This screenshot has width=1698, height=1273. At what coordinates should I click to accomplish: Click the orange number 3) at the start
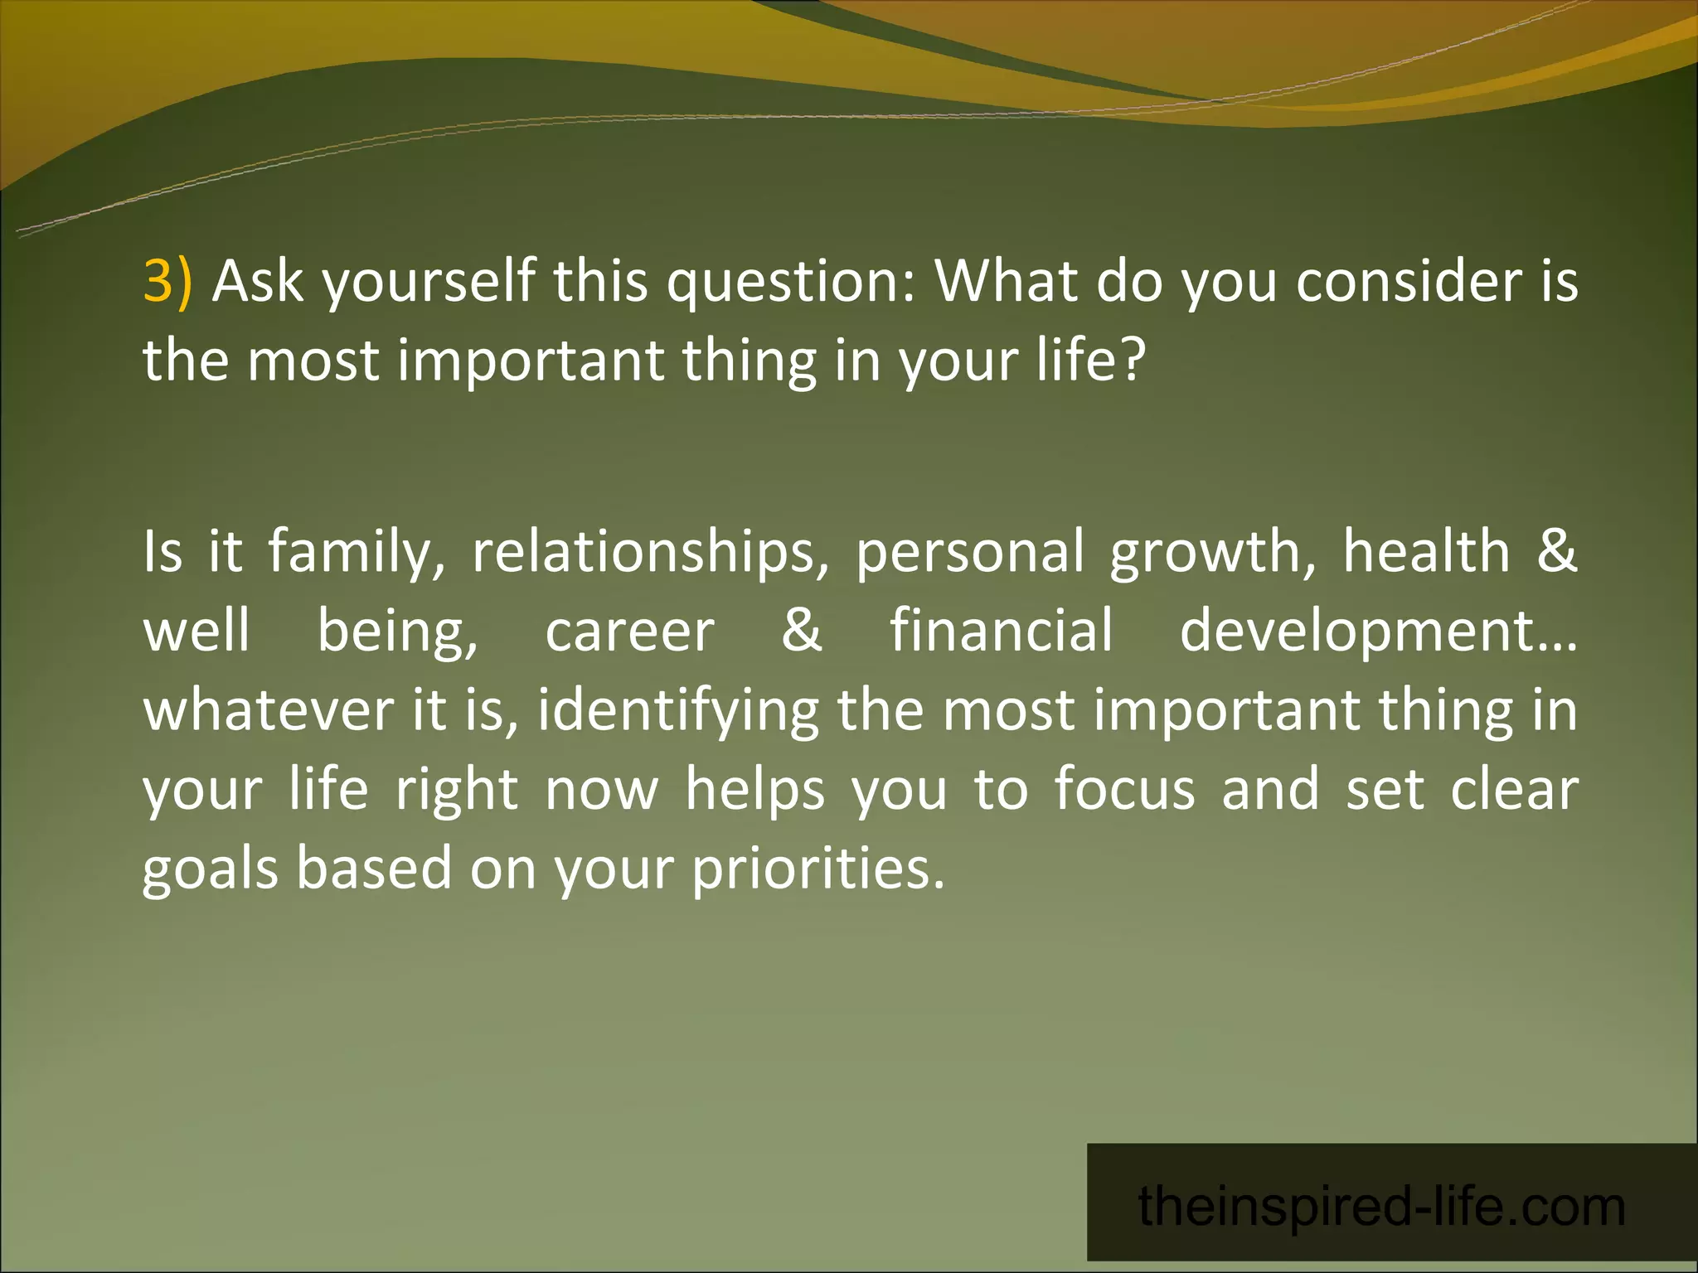click(167, 282)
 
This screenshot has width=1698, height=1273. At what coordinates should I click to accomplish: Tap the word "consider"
click(1409, 282)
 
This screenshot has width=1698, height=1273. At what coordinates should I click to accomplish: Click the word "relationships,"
click(651, 552)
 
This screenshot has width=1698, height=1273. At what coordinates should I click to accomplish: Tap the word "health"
click(1427, 552)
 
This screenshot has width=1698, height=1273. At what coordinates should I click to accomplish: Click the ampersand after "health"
click(1556, 552)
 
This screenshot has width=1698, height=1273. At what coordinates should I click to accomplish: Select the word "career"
click(629, 632)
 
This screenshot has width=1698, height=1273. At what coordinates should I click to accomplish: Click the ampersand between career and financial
click(802, 632)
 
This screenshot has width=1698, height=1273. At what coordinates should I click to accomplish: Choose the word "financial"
click(1002, 632)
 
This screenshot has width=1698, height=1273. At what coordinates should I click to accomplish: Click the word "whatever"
click(269, 711)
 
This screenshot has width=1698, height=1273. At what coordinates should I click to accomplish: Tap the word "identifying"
click(678, 711)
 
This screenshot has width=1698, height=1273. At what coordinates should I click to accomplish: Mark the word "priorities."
click(818, 869)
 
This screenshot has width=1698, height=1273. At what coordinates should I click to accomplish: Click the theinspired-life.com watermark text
click(1382, 1207)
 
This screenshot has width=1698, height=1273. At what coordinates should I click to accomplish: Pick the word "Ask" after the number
click(258, 282)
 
